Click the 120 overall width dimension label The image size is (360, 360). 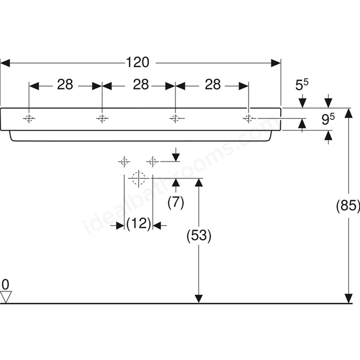[x=137, y=62]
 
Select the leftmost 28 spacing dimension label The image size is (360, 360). [x=65, y=84]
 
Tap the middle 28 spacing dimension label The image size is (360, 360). [x=141, y=84]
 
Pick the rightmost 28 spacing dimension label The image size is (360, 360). [x=213, y=84]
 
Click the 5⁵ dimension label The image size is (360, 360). [x=301, y=85]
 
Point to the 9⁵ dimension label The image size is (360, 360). [x=328, y=119]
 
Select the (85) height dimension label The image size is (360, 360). [x=348, y=205]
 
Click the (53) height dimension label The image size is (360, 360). [x=199, y=235]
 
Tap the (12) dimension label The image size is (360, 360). [x=139, y=223]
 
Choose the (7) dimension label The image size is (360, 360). [x=176, y=202]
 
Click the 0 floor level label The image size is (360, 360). [x=6, y=285]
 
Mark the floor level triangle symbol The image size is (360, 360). [x=6, y=297]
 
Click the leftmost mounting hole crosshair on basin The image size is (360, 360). [x=29, y=119]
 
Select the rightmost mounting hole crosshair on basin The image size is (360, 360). [x=248, y=119]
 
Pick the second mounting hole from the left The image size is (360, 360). [x=102, y=119]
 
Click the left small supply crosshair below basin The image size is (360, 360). [x=124, y=162]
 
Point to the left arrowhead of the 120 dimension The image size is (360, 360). [x=5, y=63]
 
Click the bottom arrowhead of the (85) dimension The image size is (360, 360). [x=349, y=299]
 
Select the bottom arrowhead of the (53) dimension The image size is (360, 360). [x=199, y=299]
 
